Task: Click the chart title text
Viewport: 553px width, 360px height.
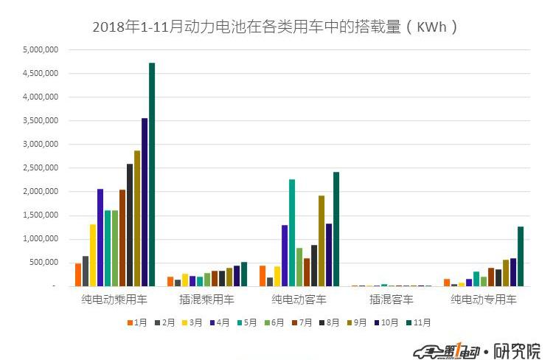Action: pyautogui.click(x=276, y=27)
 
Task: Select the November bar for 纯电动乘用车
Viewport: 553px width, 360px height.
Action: pyautogui.click(x=152, y=174)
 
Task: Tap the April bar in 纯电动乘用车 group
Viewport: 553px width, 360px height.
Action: pyautogui.click(x=100, y=238)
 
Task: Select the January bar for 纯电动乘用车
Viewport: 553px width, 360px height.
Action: pyautogui.click(x=78, y=274)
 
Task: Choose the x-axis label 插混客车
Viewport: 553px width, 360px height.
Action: pyautogui.click(x=392, y=300)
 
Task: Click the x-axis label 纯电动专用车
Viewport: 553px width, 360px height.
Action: pyautogui.click(x=484, y=300)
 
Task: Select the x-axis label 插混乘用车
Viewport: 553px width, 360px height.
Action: pyautogui.click(x=207, y=300)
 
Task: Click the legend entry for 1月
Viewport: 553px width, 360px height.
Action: pyautogui.click(x=138, y=322)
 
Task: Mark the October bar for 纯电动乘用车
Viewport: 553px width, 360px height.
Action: pyautogui.click(x=145, y=201)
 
